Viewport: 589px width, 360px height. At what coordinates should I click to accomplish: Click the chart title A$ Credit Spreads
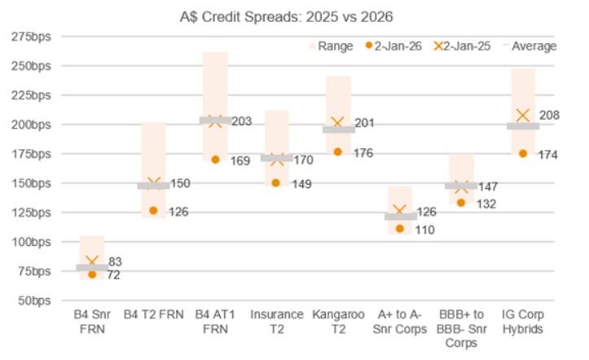(288, 16)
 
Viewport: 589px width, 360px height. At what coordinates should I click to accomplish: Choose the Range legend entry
(330, 46)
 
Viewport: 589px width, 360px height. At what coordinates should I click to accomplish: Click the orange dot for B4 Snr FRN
(92, 274)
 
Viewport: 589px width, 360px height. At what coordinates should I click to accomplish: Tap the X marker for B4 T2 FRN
(154, 184)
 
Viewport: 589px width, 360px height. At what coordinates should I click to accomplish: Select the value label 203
(241, 121)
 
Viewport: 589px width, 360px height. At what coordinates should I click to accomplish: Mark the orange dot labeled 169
(215, 160)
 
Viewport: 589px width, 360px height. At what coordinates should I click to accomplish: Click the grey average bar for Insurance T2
(277, 158)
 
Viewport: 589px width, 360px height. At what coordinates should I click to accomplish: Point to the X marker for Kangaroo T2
(338, 123)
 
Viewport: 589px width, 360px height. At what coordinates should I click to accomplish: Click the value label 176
(363, 152)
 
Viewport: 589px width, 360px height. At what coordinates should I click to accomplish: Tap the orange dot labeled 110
(400, 229)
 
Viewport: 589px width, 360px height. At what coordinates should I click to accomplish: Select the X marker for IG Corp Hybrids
(523, 116)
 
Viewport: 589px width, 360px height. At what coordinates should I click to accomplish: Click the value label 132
(487, 204)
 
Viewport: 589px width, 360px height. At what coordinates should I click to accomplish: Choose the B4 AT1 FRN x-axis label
(215, 320)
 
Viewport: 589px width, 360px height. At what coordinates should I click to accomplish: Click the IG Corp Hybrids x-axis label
(523, 320)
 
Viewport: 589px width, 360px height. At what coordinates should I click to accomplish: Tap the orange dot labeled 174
(523, 153)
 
